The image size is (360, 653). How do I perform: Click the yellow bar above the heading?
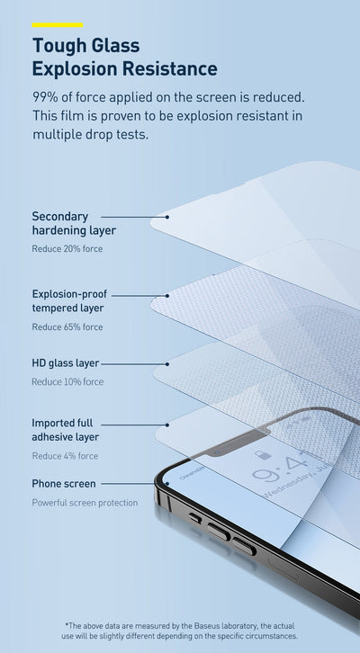pyautogui.click(x=58, y=25)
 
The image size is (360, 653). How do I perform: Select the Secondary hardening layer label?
pyautogui.click(x=74, y=223)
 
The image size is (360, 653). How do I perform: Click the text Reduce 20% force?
pyautogui.click(x=67, y=249)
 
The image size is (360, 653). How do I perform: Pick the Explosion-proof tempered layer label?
pyautogui.click(x=69, y=301)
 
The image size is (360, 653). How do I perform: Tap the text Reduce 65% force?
pyautogui.click(x=67, y=326)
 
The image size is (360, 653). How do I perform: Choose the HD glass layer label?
pyautogui.click(x=66, y=363)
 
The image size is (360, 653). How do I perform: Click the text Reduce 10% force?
pyautogui.click(x=67, y=382)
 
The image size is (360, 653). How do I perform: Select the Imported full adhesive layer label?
pyautogui.click(x=66, y=430)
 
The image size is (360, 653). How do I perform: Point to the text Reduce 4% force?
pyautogui.click(x=65, y=456)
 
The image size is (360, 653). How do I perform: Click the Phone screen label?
pyautogui.click(x=64, y=484)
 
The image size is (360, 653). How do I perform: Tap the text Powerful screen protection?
pyautogui.click(x=85, y=503)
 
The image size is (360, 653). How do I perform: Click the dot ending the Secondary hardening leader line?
pyautogui.click(x=167, y=217)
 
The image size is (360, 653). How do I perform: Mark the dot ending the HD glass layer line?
pyautogui.click(x=167, y=364)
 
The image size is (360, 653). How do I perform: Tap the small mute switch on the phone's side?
pyautogui.click(x=195, y=518)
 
